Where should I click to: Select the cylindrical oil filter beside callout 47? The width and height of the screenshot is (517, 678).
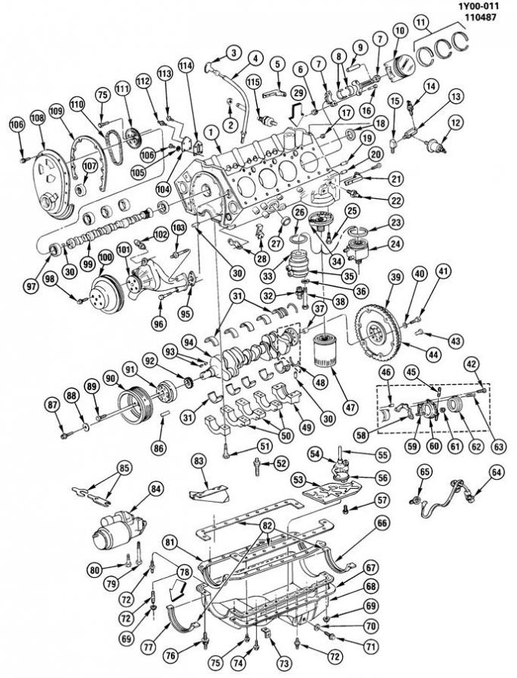325,355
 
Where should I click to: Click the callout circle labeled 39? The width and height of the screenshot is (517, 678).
395,279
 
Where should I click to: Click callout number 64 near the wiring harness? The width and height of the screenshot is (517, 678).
496,472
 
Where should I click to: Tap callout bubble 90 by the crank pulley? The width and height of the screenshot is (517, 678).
110,377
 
